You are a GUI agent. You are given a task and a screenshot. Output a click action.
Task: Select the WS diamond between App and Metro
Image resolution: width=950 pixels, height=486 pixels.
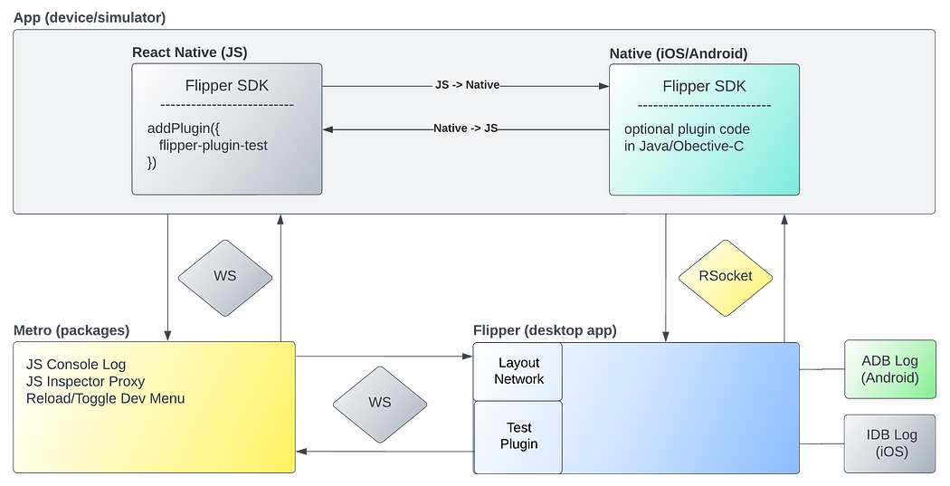coord(224,276)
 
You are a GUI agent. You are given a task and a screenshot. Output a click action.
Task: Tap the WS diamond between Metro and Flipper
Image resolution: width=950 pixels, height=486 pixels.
coord(380,402)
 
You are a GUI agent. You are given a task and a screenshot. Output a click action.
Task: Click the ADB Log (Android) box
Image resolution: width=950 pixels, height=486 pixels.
coord(889,369)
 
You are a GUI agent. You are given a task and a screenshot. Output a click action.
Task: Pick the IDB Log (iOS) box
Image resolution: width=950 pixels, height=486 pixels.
coord(889,443)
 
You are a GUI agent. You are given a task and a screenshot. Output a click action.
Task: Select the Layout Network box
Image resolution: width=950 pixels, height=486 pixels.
coord(518,371)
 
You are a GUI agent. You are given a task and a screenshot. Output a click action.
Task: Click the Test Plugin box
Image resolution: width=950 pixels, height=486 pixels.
coord(518,436)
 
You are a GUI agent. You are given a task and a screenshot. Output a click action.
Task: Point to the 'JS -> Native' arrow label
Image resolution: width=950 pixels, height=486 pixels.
coord(467,85)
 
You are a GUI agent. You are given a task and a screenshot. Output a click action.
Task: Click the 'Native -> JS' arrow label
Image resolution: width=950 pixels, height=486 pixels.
coord(465,129)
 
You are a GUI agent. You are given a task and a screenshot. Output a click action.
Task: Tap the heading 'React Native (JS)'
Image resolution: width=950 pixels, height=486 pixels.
coord(191,52)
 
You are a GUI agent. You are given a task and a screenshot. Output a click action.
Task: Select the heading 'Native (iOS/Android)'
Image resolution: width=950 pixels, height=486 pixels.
coord(679,53)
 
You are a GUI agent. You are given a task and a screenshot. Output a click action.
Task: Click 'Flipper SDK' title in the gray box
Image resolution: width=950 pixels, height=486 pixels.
coord(226,87)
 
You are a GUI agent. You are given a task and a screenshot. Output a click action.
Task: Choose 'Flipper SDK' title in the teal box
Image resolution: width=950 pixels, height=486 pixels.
coord(704,87)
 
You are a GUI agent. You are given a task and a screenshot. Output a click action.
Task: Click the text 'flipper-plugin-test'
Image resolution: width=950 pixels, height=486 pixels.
coord(213,145)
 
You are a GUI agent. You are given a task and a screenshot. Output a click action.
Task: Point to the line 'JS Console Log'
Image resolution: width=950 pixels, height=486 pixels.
coord(76,365)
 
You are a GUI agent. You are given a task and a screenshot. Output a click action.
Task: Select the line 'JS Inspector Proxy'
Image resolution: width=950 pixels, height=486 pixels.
coord(85,381)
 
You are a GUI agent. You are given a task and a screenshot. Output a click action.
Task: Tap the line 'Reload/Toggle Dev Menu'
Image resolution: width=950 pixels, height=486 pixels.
coord(105,398)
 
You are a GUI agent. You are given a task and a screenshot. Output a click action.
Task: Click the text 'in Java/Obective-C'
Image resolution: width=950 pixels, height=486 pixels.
coord(684,146)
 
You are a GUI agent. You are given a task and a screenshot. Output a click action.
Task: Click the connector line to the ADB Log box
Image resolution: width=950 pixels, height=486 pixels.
coord(822,369)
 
